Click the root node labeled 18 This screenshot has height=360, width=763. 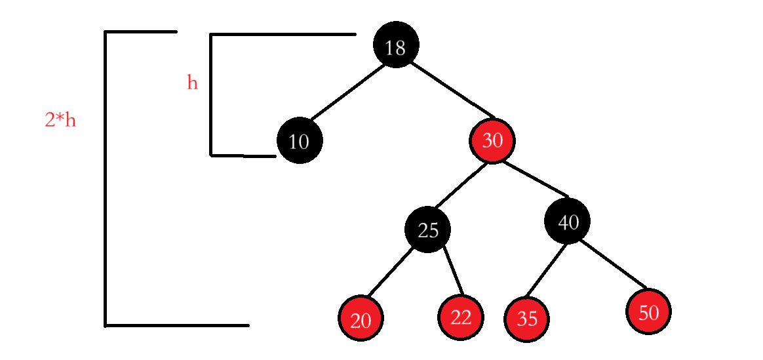tap(395, 45)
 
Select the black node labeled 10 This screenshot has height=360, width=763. tap(300, 140)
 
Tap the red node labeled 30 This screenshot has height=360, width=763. tap(492, 140)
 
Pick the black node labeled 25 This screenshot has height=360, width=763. tap(427, 230)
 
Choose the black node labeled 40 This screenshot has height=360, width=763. tap(567, 221)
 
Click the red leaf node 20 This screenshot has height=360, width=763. tap(361, 319)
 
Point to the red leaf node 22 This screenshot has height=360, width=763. tap(461, 317)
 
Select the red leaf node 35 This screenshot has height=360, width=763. tap(526, 319)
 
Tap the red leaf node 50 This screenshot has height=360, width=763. tap(648, 312)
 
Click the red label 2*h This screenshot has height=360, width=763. tap(60, 120)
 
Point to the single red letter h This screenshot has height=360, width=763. tap(192, 83)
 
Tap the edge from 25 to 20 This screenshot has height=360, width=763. tap(393, 273)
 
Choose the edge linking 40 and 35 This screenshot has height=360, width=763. tap(547, 270)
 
